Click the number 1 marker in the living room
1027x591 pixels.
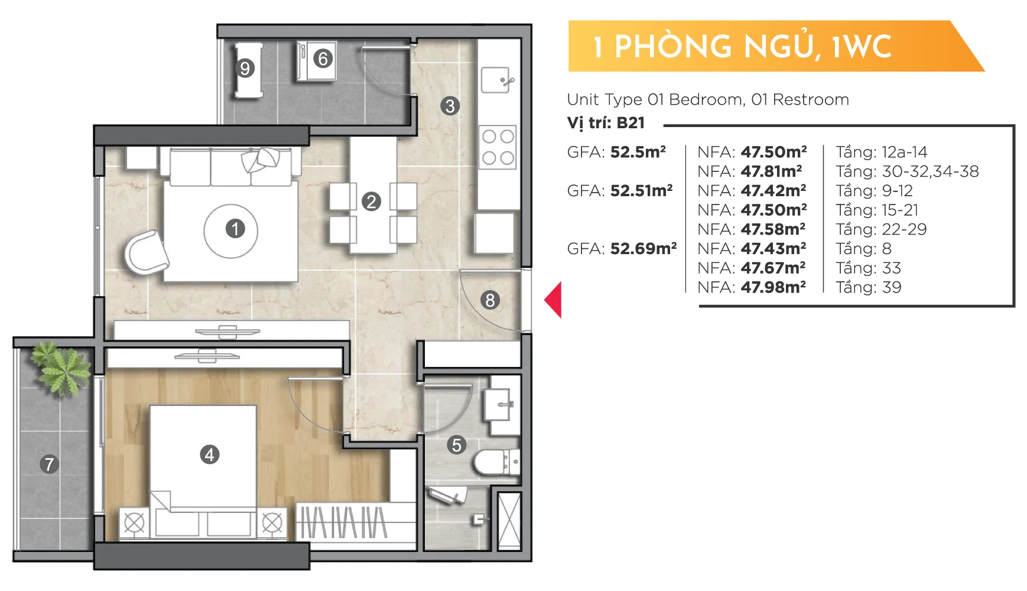pyautogui.click(x=235, y=229)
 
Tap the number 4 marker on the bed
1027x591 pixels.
pyautogui.click(x=210, y=454)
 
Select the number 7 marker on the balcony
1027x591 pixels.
pyautogui.click(x=50, y=464)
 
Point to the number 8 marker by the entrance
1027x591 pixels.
pyautogui.click(x=490, y=300)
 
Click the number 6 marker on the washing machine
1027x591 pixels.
pyautogui.click(x=323, y=59)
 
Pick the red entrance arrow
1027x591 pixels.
pyautogui.click(x=553, y=300)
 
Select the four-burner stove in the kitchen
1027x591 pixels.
pyautogui.click(x=498, y=147)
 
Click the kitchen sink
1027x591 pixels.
pyautogui.click(x=496, y=80)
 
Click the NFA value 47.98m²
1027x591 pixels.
pyautogui.click(x=773, y=287)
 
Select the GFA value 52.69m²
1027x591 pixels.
pyautogui.click(x=643, y=248)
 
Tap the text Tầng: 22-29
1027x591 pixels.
pyautogui.click(x=881, y=229)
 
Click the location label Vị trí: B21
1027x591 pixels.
pyautogui.click(x=606, y=123)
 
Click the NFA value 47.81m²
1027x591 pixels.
pyautogui.click(x=772, y=171)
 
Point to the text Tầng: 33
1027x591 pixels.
pyautogui.click(x=868, y=268)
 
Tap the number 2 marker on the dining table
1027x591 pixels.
pyautogui.click(x=371, y=202)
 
